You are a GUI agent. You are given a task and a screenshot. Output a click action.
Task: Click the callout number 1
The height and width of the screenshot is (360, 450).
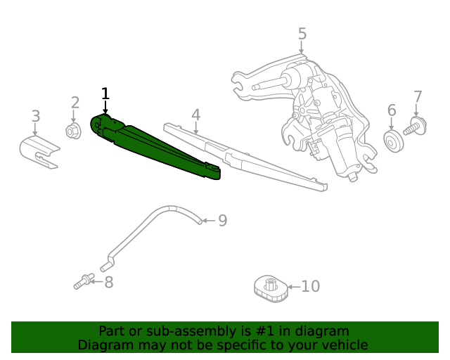tap(105, 94)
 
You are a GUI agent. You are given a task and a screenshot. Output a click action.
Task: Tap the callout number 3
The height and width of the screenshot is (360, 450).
tap(35, 116)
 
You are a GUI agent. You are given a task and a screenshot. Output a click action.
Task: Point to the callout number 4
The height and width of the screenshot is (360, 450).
tap(195, 114)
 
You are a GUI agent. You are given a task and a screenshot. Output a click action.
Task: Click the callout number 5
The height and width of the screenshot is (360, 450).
tap(302, 33)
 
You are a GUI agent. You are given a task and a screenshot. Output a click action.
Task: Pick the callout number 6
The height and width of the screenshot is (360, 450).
tap(392, 110)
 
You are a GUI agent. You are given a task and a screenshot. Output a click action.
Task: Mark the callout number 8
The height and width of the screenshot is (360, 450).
tap(108, 283)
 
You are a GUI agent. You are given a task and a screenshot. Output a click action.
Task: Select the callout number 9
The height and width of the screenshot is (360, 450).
tap(222, 221)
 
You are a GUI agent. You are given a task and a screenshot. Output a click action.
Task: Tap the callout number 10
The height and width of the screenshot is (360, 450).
tap(310, 286)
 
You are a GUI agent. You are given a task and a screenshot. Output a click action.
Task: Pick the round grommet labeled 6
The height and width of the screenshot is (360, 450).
tap(392, 139)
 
